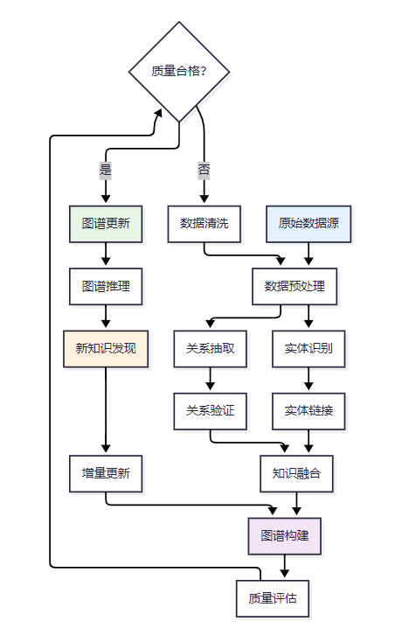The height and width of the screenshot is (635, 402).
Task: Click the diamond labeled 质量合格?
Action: (179, 72)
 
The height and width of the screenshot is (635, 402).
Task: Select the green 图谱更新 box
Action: (106, 224)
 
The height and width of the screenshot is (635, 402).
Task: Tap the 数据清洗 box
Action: (204, 224)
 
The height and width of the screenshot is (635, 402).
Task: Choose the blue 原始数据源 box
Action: (308, 224)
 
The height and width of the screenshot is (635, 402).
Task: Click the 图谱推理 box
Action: (106, 286)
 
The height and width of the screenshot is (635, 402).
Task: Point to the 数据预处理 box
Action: (295, 286)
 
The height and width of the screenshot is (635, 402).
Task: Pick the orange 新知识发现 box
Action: (106, 349)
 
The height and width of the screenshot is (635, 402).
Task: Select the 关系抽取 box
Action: (210, 349)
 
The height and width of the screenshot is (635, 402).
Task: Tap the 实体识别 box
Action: (308, 349)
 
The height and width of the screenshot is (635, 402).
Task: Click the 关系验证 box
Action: (210, 411)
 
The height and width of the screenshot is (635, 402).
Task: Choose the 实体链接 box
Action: (308, 411)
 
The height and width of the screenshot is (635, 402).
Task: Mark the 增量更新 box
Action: (106, 474)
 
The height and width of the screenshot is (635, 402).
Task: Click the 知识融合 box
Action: (296, 474)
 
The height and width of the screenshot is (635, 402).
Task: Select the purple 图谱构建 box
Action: (284, 536)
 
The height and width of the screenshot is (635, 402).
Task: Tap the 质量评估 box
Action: (273, 598)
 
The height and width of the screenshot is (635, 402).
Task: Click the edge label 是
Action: (105, 171)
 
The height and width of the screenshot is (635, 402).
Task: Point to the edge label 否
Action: (204, 171)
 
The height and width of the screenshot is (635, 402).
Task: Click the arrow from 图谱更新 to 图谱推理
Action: (106, 255)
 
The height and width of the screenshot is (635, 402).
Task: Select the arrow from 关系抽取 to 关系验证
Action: (210, 379)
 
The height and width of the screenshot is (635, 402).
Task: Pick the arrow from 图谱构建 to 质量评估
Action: (284, 566)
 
